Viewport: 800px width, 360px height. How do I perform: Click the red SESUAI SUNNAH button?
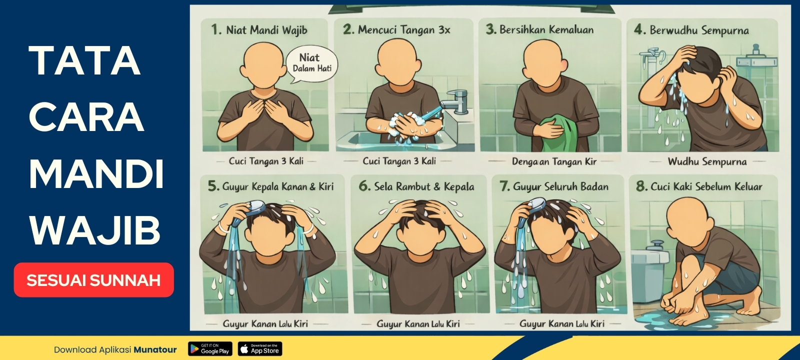93,279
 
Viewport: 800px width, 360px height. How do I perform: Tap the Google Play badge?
210,348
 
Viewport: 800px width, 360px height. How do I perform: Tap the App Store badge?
260,348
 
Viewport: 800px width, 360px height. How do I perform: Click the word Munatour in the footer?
155,349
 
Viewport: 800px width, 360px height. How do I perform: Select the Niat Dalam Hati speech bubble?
312,63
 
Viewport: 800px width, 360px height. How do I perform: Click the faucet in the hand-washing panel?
454,101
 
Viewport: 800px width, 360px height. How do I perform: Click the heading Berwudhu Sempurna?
699,30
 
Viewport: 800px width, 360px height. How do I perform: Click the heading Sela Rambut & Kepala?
424,186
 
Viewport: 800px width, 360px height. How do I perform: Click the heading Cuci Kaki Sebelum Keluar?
706,186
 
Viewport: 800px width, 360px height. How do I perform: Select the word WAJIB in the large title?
94,230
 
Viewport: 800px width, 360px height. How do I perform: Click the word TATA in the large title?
84,60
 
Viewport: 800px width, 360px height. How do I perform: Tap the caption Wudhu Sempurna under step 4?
707,162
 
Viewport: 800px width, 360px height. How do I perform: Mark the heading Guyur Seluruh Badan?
560,186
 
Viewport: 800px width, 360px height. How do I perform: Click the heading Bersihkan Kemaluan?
546,29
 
